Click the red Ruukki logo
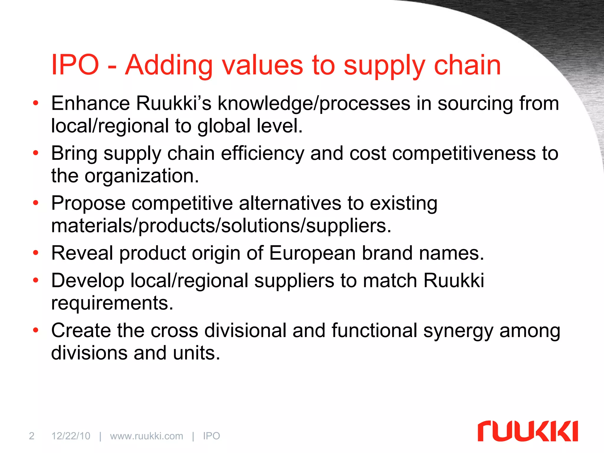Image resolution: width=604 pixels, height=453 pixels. pyautogui.click(x=528, y=431)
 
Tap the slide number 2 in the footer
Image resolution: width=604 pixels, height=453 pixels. pyautogui.click(x=32, y=436)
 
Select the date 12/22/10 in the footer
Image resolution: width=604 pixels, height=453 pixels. pyautogui.click(x=71, y=436)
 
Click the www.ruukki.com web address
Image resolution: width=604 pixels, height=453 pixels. pyautogui.click(x=147, y=436)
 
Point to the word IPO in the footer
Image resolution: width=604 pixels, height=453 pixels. pyautogui.click(x=211, y=436)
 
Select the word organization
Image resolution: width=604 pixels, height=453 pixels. pyautogui.click(x=142, y=176)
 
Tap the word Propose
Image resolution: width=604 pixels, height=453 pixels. pyautogui.click(x=88, y=203)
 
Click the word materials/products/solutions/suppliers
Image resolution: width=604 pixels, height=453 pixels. pyautogui.click(x=221, y=226)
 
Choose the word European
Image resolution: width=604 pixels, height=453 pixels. pyautogui.click(x=312, y=253)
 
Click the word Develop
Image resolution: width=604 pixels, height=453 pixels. pyautogui.click(x=88, y=281)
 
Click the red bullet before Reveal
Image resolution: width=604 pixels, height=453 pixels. pyautogui.click(x=36, y=253)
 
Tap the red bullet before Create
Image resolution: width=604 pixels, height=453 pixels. pyautogui.click(x=36, y=330)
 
